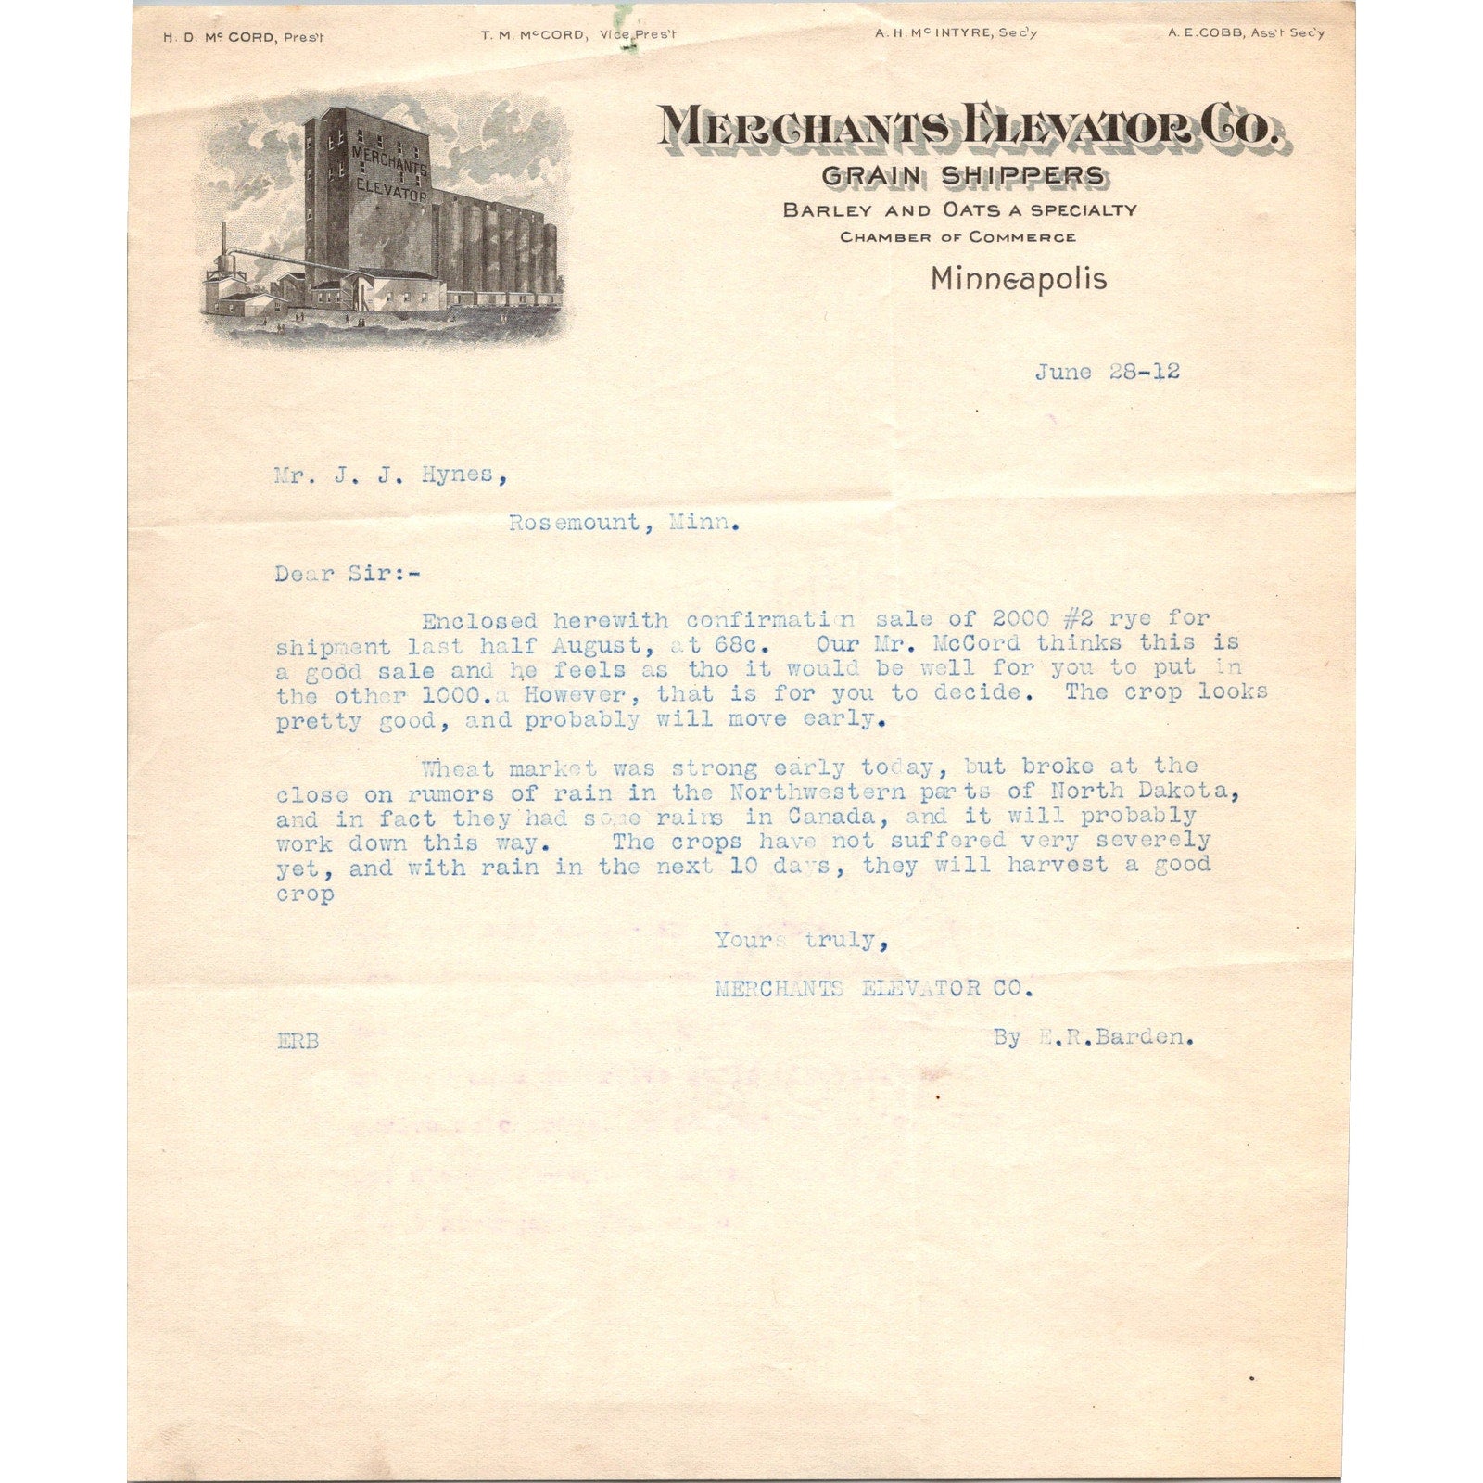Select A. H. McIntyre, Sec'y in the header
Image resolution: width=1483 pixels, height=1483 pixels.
(x=956, y=33)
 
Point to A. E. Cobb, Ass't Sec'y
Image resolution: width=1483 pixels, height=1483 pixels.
(x=1246, y=33)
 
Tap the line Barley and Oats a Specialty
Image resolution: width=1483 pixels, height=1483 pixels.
(x=959, y=210)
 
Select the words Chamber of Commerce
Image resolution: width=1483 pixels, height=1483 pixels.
(x=957, y=237)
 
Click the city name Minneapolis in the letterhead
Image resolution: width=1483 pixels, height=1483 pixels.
(x=1019, y=278)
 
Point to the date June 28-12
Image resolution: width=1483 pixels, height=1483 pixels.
(x=1107, y=373)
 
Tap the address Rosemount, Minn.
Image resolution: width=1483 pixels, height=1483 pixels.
(x=624, y=523)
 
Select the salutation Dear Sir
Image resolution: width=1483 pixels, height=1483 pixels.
(x=347, y=574)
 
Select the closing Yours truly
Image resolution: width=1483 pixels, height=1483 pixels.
(x=801, y=941)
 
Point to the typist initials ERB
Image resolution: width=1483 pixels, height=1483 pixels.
(x=298, y=1041)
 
